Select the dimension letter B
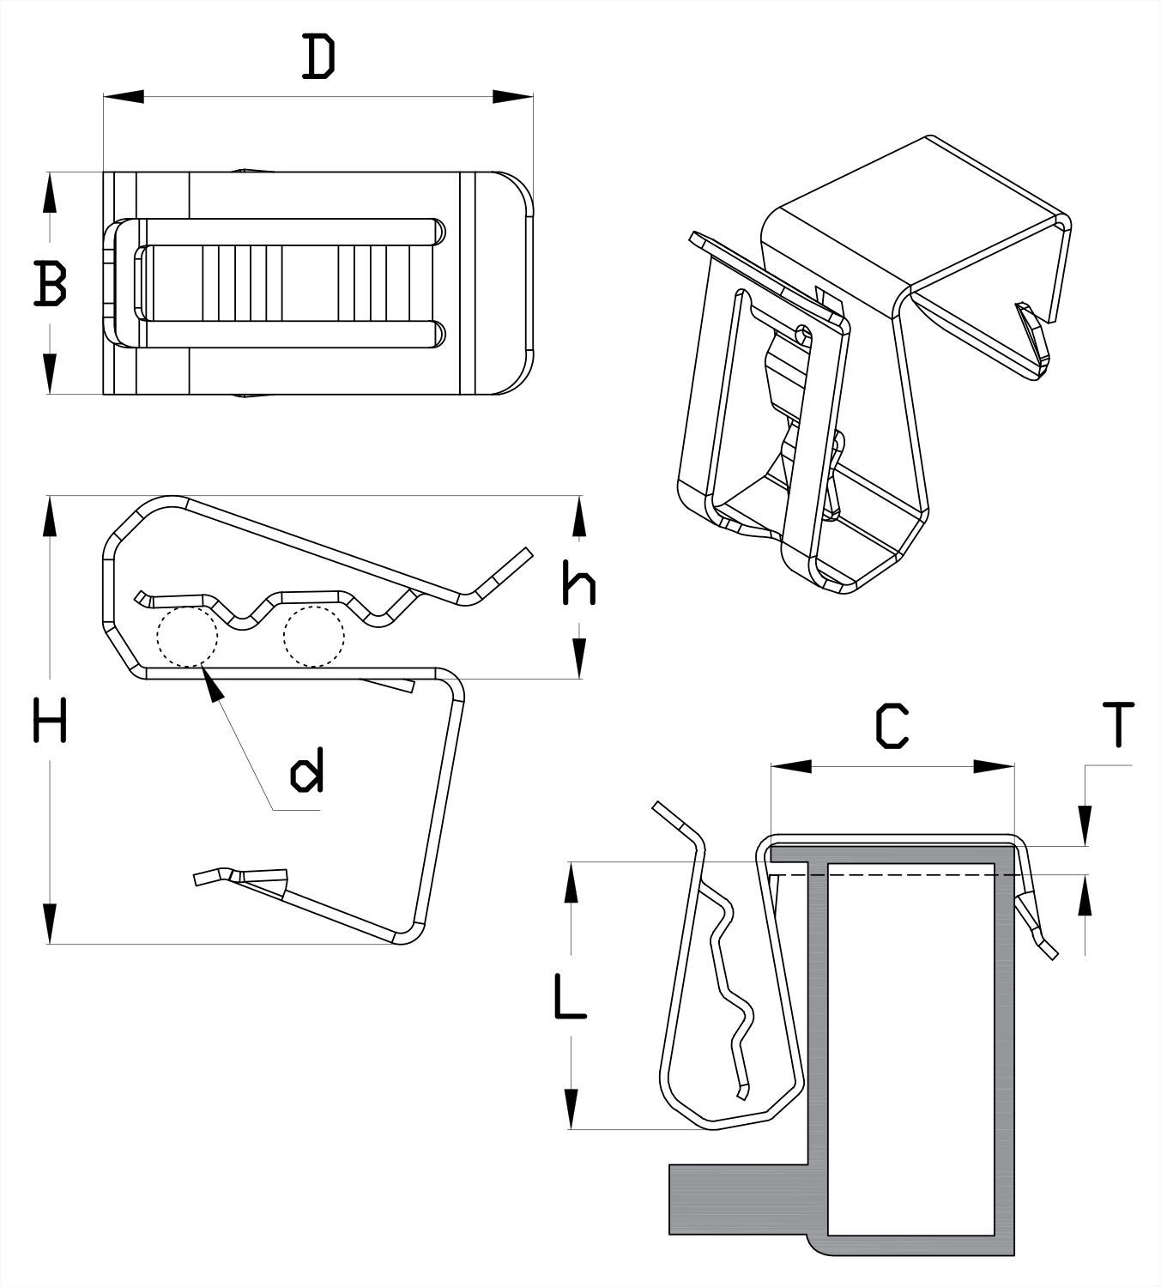50,284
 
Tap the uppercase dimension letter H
50,720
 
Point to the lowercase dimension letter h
578,586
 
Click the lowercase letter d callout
307,770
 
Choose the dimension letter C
892,726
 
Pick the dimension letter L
569,995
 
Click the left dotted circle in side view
187,637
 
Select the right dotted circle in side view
314,637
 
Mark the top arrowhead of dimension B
51,191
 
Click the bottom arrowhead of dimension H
51,923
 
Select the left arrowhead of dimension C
790,766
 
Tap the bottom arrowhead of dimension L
569,1109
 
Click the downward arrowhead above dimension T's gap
1086,825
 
